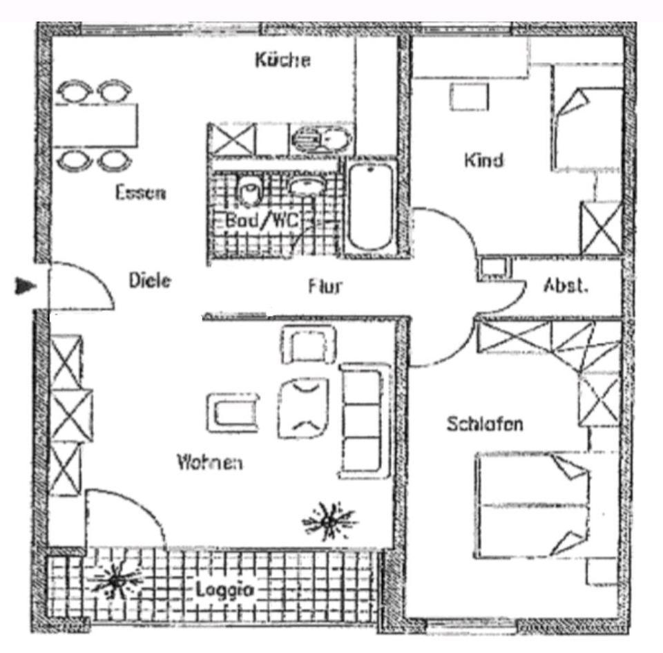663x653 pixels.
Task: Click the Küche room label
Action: point(282,60)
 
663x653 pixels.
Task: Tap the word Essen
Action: point(140,192)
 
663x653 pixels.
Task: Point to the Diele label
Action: point(150,281)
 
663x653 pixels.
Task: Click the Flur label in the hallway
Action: point(325,285)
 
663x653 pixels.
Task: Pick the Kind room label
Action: point(483,160)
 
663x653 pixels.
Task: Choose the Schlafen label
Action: point(484,424)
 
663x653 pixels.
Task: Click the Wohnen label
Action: point(209,461)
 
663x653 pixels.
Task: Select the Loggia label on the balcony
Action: point(224,590)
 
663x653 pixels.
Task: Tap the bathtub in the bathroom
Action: point(371,206)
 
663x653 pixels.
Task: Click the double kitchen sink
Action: point(319,141)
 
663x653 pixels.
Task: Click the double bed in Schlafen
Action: point(532,504)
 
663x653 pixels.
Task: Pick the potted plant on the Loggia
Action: point(115,580)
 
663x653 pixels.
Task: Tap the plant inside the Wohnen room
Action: point(329,520)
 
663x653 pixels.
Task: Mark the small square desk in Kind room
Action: point(470,96)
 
